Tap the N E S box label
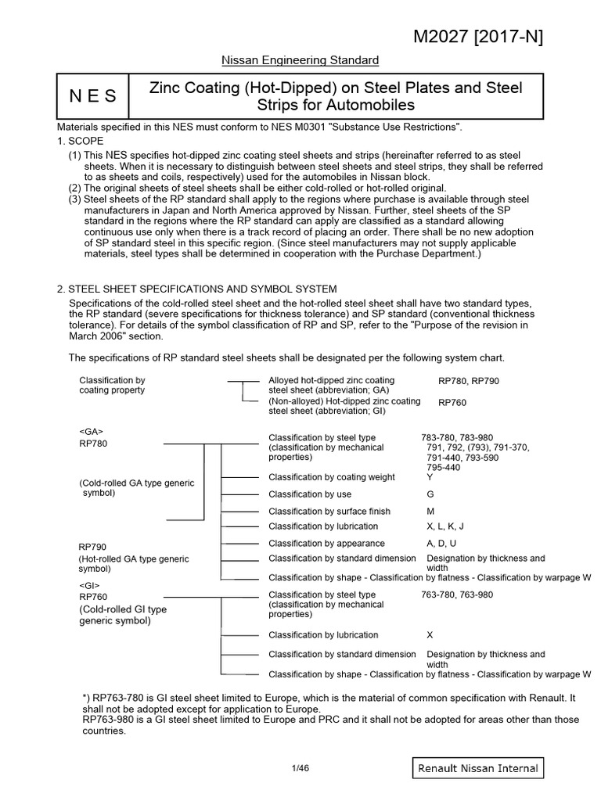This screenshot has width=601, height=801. click(93, 96)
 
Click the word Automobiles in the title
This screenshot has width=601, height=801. click(376, 105)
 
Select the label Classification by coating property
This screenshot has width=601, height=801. click(112, 385)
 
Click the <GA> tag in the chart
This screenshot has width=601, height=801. click(91, 431)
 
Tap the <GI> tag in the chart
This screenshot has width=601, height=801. click(90, 584)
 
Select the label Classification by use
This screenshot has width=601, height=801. click(310, 494)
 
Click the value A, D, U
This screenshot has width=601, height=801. click(441, 543)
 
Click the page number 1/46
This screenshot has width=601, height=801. click(300, 768)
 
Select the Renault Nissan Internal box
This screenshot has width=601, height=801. click(477, 768)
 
